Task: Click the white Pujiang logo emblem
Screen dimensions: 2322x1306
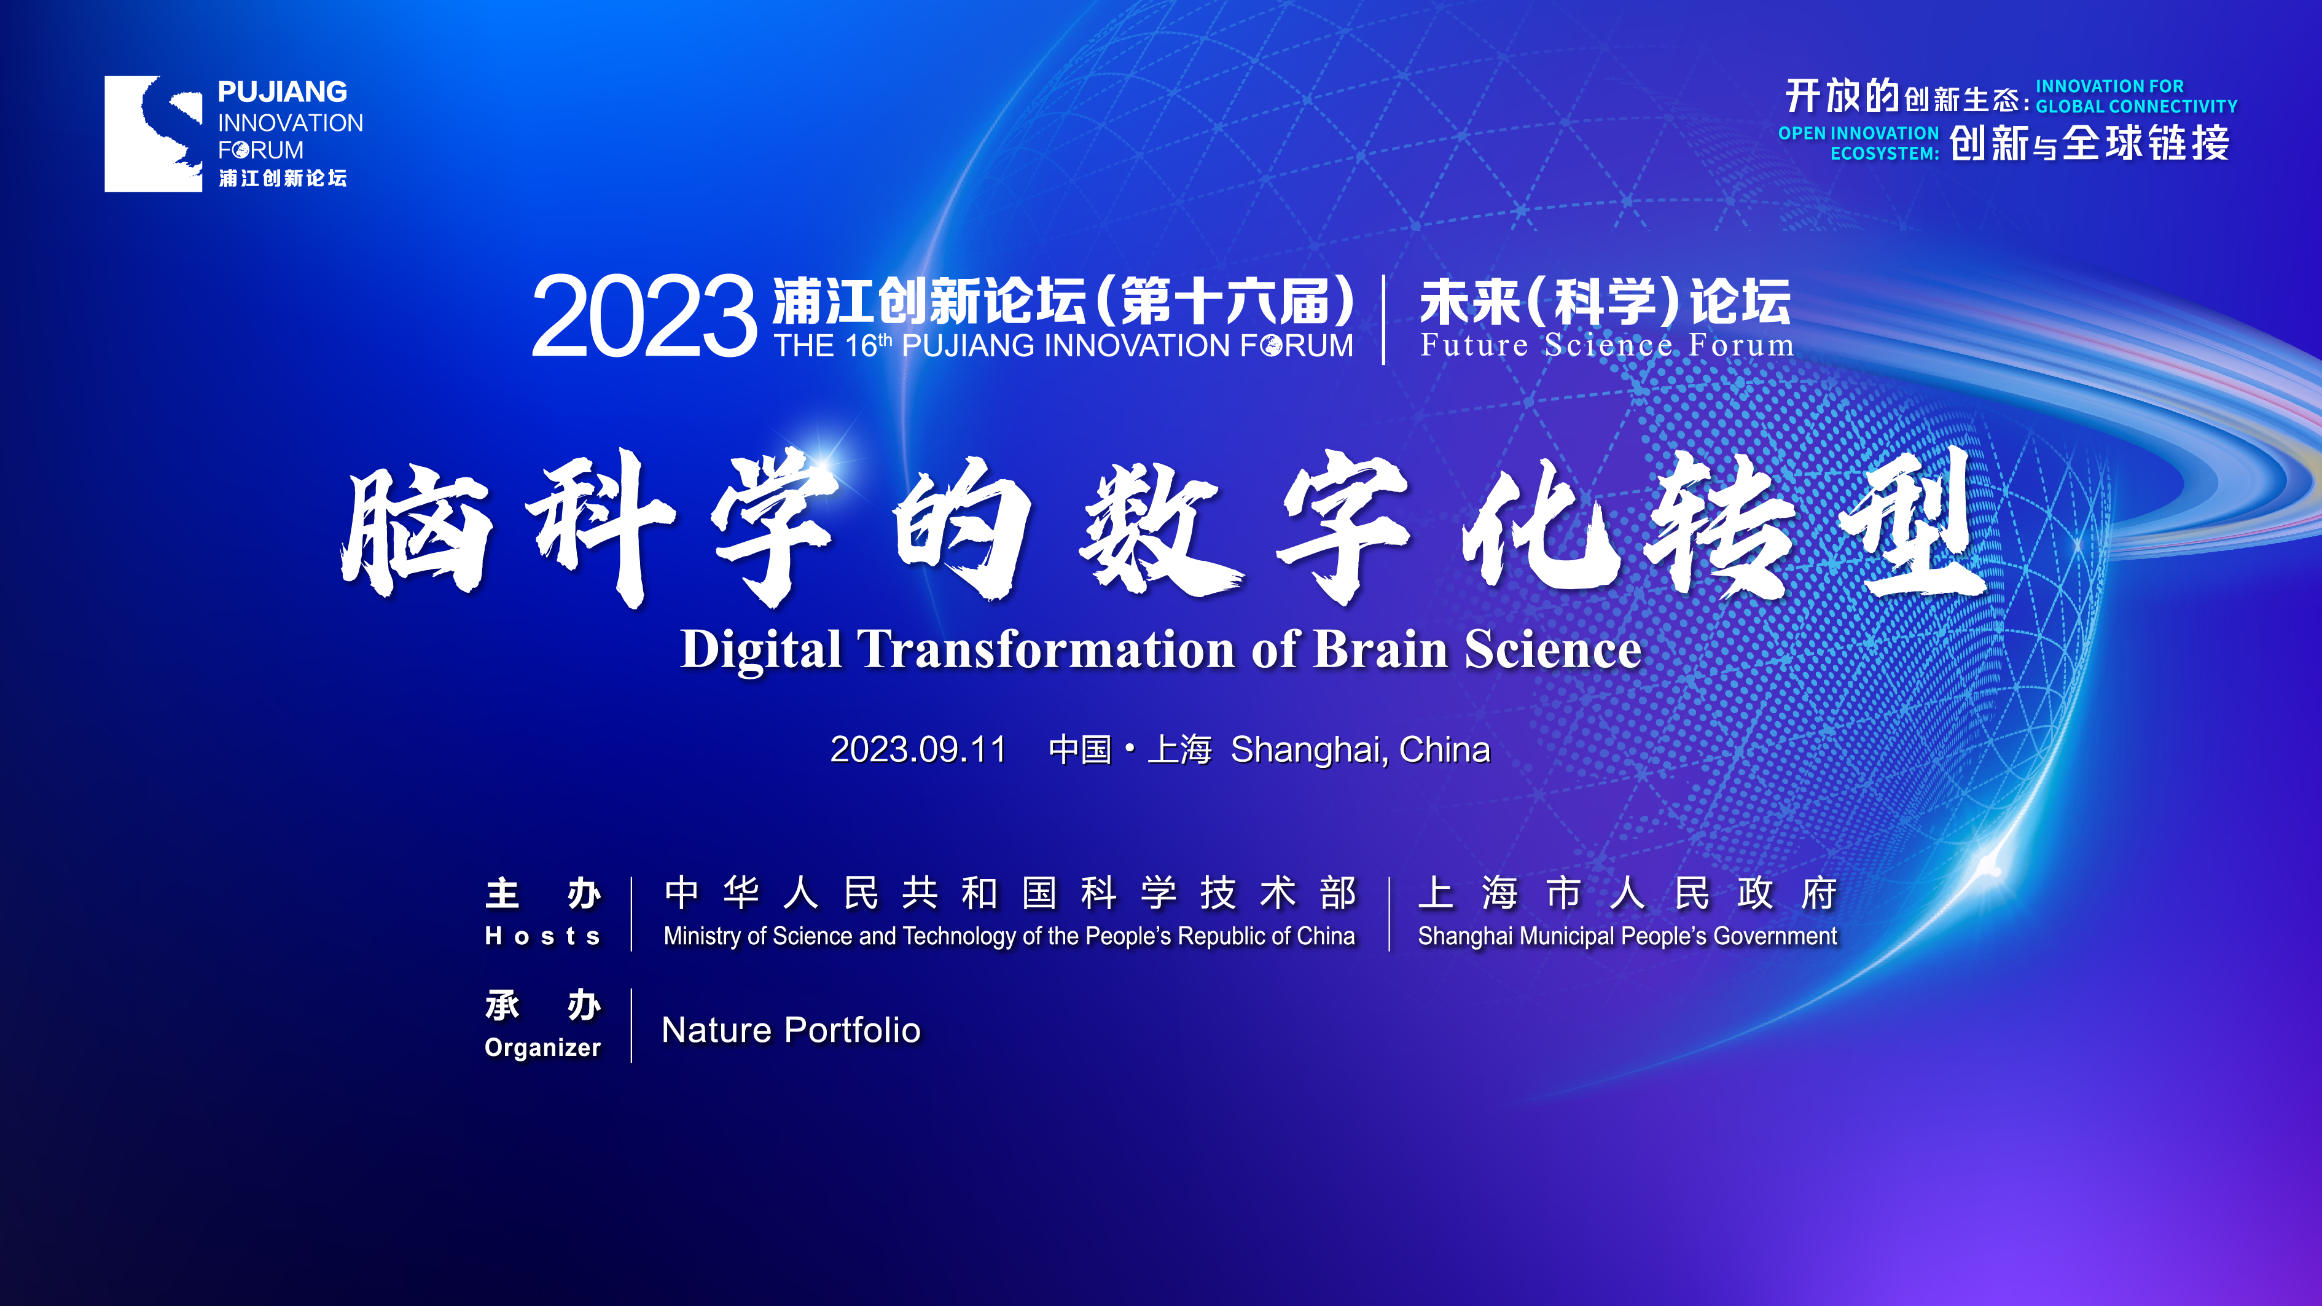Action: coord(153,133)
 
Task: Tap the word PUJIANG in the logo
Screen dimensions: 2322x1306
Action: coord(282,92)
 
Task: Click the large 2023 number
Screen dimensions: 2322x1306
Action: coord(644,316)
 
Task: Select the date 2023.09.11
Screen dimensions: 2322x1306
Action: coord(918,750)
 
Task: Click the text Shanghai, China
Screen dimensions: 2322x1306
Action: coord(1360,750)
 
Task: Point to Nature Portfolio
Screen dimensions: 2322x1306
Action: coord(791,1030)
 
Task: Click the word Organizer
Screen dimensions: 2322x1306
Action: coord(542,1047)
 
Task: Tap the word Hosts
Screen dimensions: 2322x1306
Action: coord(542,936)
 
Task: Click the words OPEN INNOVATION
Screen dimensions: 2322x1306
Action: coord(1859,133)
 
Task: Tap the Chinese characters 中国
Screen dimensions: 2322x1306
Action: coord(1081,750)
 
